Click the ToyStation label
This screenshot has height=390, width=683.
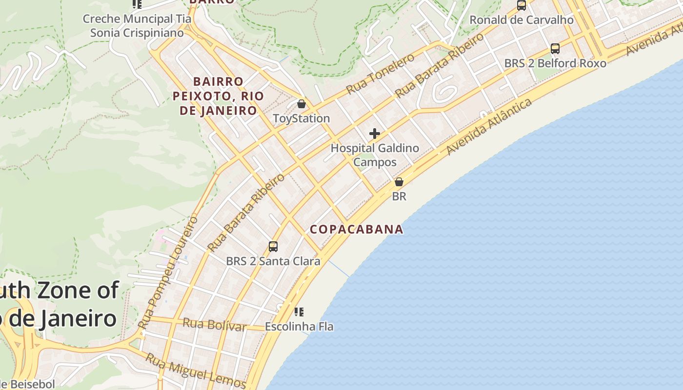pos(301,118)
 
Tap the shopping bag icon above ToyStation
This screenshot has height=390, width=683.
pos(301,104)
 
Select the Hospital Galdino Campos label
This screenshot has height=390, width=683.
pos(375,155)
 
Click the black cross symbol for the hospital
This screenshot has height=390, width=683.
pos(375,134)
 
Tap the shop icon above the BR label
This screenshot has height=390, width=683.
pos(399,182)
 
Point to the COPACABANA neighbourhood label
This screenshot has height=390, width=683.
pos(357,229)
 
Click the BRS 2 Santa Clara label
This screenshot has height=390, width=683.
pos(273,261)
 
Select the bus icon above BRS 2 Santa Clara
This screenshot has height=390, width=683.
pos(273,247)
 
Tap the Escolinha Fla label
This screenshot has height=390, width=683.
pos(299,327)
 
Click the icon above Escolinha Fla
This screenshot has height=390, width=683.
pos(299,312)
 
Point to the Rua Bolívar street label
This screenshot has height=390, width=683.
pos(215,324)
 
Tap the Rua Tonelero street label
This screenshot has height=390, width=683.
pos(380,74)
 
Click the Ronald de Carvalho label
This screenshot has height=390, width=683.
pos(521,20)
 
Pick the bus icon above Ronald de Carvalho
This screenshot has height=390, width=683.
pos(522,5)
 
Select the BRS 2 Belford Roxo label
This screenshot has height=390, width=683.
pos(555,63)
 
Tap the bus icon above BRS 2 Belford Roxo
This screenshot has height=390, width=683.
pos(555,49)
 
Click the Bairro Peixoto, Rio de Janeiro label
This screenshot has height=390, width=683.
pos(218,96)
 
